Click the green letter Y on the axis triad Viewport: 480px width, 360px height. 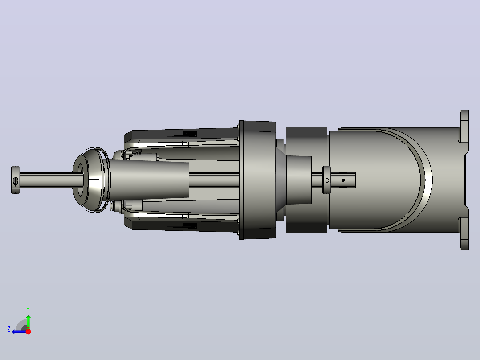click(x=28, y=310)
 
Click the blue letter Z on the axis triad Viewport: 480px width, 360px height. click(x=9, y=329)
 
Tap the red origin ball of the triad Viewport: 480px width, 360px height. click(x=28, y=331)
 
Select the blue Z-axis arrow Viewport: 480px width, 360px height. click(x=19, y=332)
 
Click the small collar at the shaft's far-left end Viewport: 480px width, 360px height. click(x=15, y=180)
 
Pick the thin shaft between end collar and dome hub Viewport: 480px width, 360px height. click(x=49, y=180)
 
